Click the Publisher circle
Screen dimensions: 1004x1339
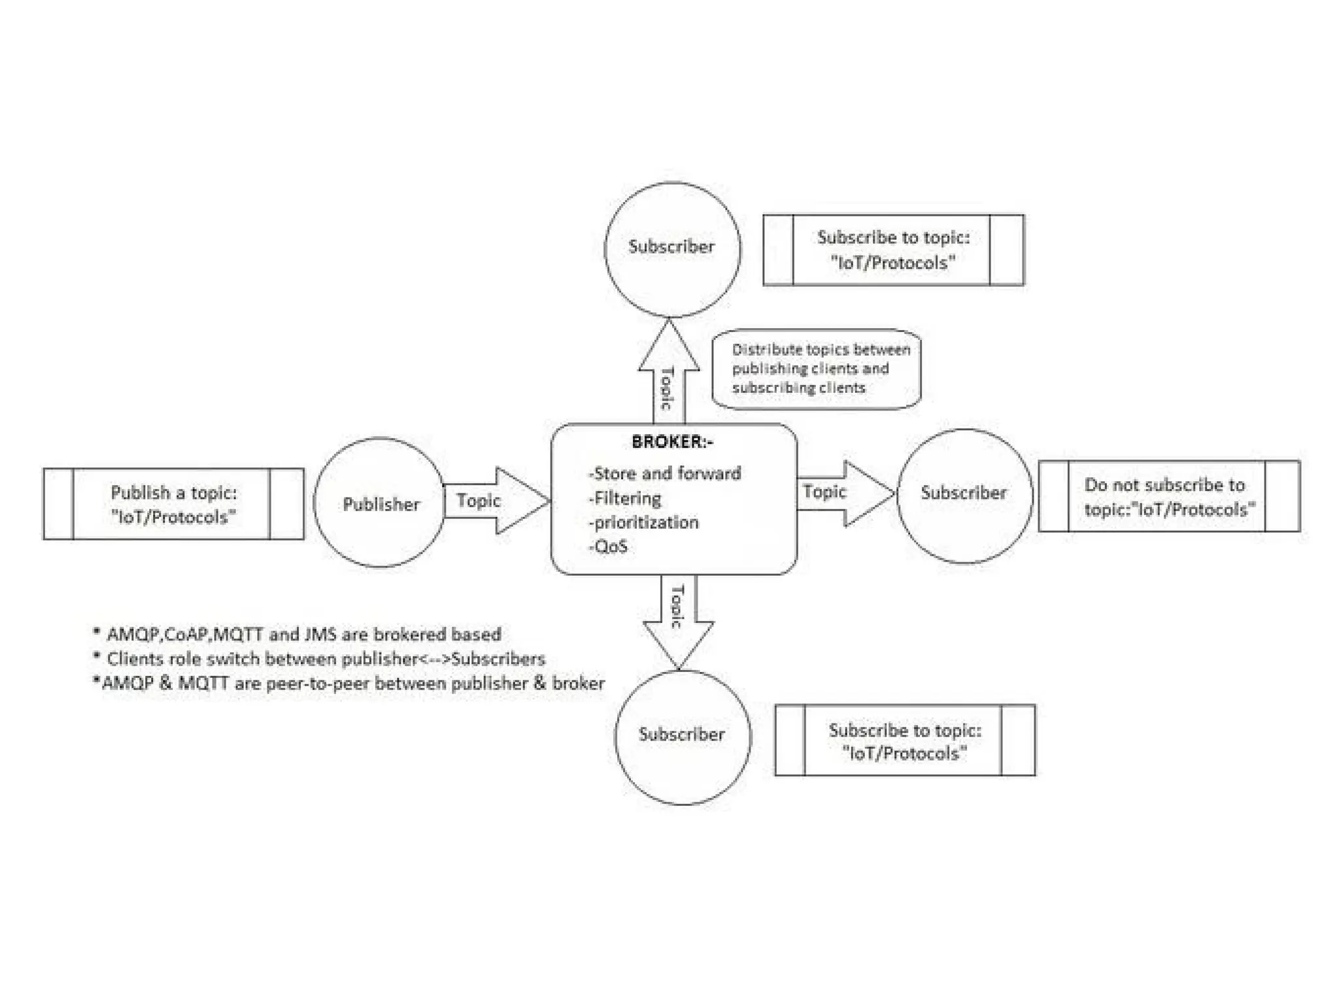click(x=380, y=503)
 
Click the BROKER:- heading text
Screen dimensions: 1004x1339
click(x=672, y=443)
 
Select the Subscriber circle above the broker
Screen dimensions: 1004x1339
click(x=671, y=249)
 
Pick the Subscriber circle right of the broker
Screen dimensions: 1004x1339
click(x=964, y=495)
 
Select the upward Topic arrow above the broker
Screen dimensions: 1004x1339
click(x=668, y=376)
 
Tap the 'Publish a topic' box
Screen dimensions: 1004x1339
click(x=173, y=504)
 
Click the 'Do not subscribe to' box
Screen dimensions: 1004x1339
click(x=1168, y=497)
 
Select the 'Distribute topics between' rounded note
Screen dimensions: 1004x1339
click(x=816, y=369)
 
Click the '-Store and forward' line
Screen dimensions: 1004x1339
click(x=666, y=473)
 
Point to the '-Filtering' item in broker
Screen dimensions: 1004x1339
click(x=625, y=499)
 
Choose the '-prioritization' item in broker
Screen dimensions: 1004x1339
click(x=644, y=522)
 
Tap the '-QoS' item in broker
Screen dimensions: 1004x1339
click(x=609, y=546)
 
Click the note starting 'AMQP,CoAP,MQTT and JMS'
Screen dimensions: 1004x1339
click(x=303, y=634)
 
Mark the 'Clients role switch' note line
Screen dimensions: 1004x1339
click(x=326, y=659)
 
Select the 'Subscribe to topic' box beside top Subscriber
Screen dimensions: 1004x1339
click(x=893, y=250)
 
